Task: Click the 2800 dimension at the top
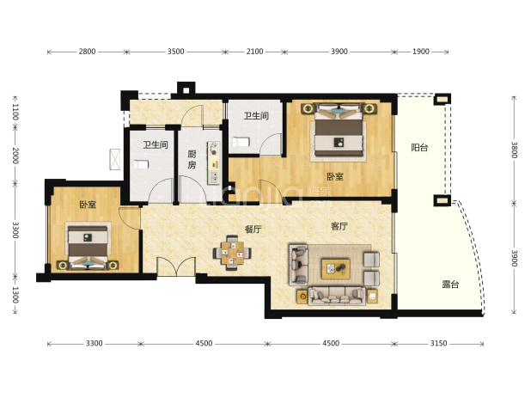87,52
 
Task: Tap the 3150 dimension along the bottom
438,344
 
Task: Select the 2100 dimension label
254,52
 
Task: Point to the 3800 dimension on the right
515,150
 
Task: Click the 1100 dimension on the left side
15,112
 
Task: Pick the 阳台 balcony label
419,148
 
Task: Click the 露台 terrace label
450,285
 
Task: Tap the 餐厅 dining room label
253,230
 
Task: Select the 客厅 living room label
339,226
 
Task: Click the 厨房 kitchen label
192,160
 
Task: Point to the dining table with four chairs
232,253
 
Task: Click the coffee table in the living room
336,269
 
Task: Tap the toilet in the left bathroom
141,165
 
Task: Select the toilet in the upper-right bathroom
241,142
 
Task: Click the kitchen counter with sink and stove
214,162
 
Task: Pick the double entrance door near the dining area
176,266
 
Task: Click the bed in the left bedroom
88,246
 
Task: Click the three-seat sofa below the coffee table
337,297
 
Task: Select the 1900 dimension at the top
421,52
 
